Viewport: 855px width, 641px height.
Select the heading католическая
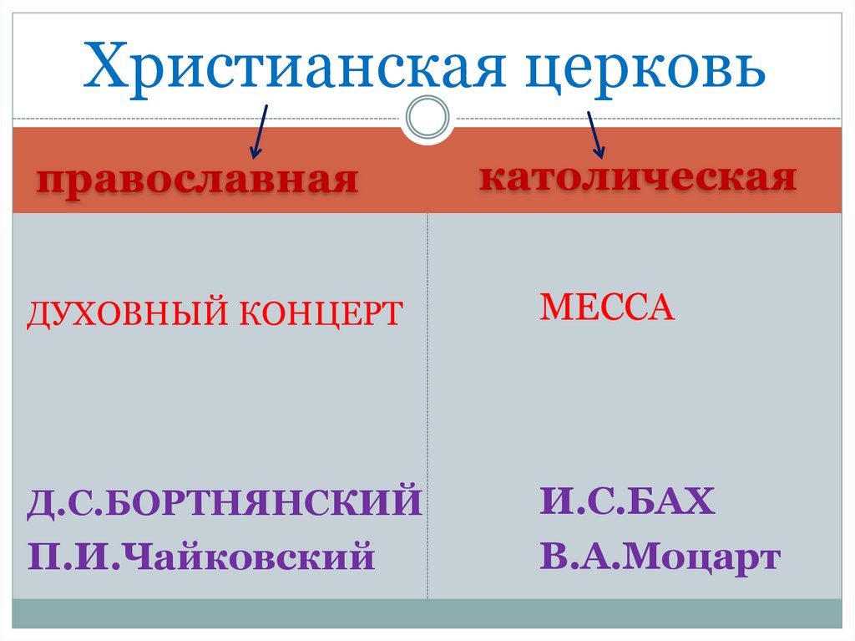click(637, 178)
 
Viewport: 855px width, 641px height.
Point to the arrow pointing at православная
click(259, 131)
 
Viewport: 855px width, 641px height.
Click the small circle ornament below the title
click(427, 118)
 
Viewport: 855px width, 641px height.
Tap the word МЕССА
click(607, 309)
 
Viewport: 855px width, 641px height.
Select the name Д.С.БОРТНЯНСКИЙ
click(225, 505)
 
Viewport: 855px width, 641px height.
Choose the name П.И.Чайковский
click(200, 556)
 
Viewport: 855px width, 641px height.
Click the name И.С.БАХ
click(627, 502)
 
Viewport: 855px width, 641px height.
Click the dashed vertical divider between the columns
click(427, 401)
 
